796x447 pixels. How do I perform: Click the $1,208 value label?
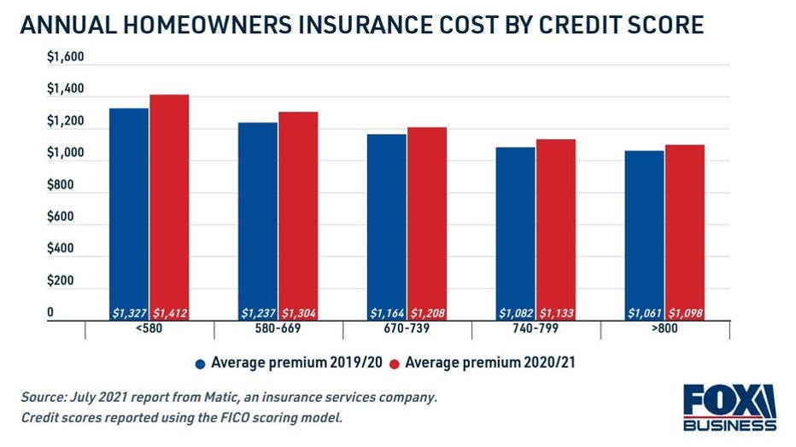click(x=427, y=314)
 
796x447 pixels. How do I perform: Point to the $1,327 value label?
click(x=129, y=314)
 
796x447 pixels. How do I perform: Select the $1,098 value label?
click(x=685, y=314)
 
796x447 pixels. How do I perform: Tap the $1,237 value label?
click(x=258, y=314)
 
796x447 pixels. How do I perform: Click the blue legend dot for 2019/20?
click(x=201, y=363)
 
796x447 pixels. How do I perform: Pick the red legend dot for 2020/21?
click(x=394, y=363)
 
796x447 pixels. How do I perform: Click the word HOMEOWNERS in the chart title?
click(x=225, y=26)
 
